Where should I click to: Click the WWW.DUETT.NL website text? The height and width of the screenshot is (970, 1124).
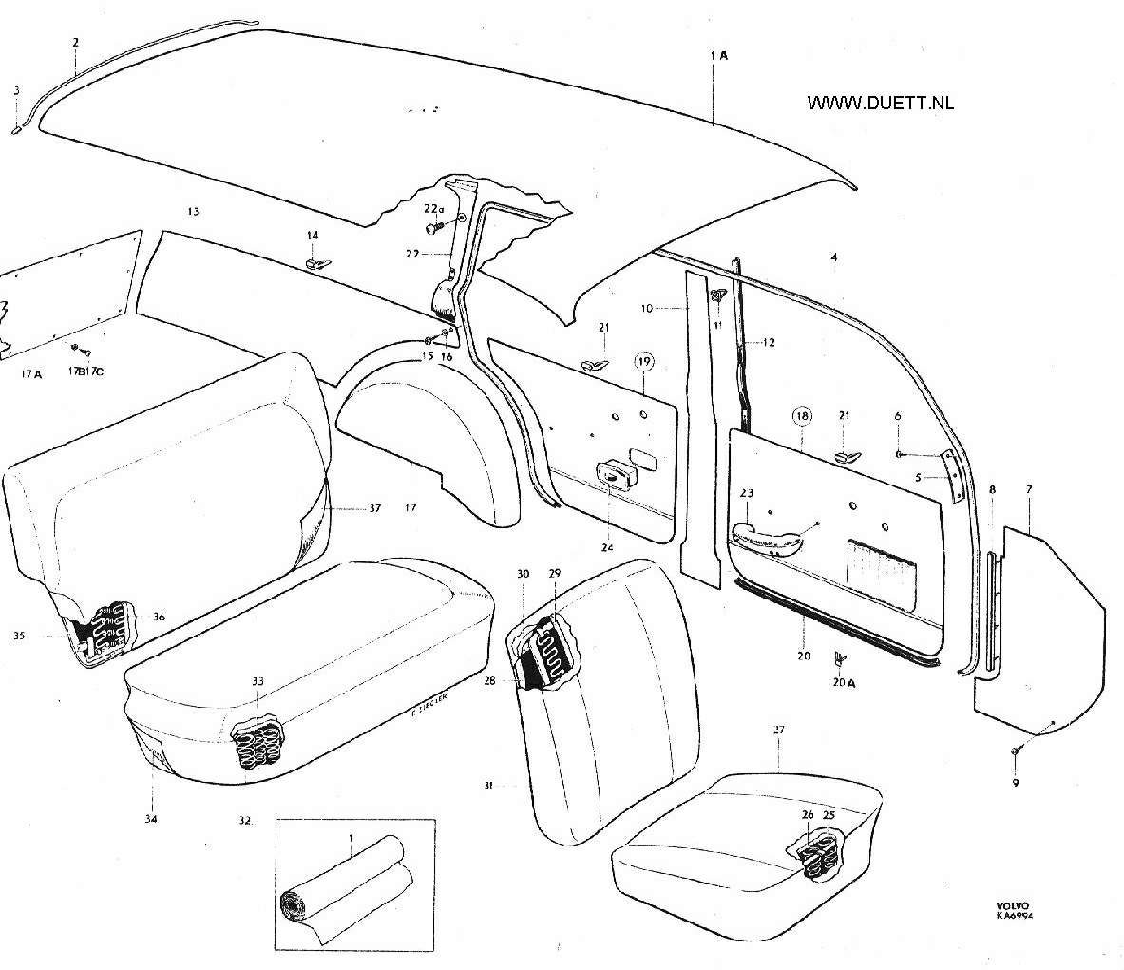pyautogui.click(x=880, y=103)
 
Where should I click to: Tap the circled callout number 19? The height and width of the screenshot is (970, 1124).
pyautogui.click(x=644, y=361)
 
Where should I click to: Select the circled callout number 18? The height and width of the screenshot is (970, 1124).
pyautogui.click(x=802, y=416)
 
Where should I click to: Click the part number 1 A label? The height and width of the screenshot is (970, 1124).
pyautogui.click(x=718, y=56)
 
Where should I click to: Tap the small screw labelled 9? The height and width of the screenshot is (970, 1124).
pyautogui.click(x=1015, y=751)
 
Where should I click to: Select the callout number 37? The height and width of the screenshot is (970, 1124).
pyautogui.click(x=374, y=508)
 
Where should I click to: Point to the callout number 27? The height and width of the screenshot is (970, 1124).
pyautogui.click(x=779, y=730)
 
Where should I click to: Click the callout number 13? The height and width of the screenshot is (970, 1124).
pyautogui.click(x=193, y=211)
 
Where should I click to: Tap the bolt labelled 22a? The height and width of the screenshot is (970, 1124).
pyautogui.click(x=434, y=229)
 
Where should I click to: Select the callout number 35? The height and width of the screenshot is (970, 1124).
pyautogui.click(x=19, y=636)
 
